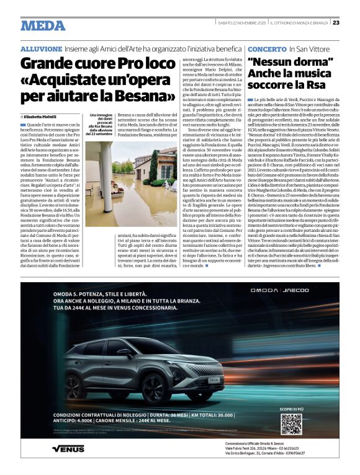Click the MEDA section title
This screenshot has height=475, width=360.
point(43,25)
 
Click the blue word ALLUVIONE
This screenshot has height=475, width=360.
point(42,48)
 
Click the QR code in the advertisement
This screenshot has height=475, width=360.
point(290,424)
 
